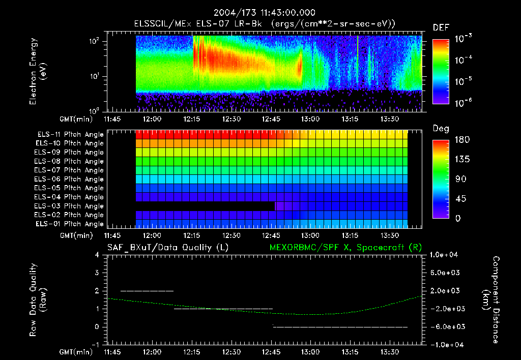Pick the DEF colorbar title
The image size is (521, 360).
(441, 28)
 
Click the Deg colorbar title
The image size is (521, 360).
(441, 129)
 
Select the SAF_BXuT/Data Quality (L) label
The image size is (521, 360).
(167, 248)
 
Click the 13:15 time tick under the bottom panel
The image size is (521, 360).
(350, 352)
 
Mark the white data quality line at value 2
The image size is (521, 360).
(147, 291)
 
